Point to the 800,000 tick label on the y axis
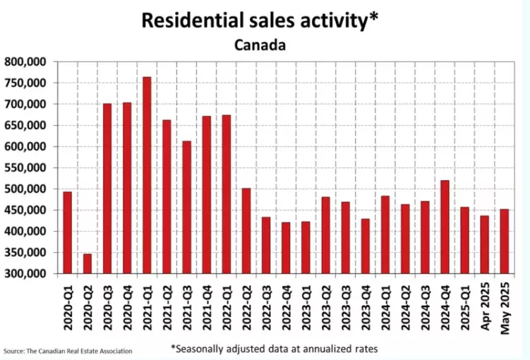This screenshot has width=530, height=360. pos(25,62)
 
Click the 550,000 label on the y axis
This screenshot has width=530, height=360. pos(25,168)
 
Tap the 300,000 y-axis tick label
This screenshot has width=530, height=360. pos(25,274)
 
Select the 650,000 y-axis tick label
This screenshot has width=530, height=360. pos(25,126)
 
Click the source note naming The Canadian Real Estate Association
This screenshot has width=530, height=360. pos(68,351)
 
